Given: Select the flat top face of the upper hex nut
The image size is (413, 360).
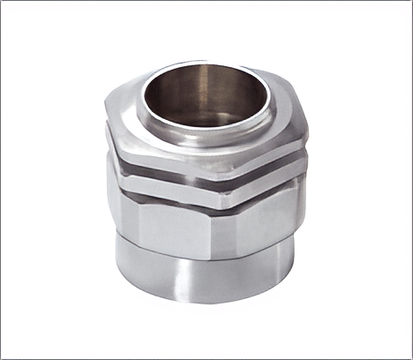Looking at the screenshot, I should [x=141, y=124].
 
